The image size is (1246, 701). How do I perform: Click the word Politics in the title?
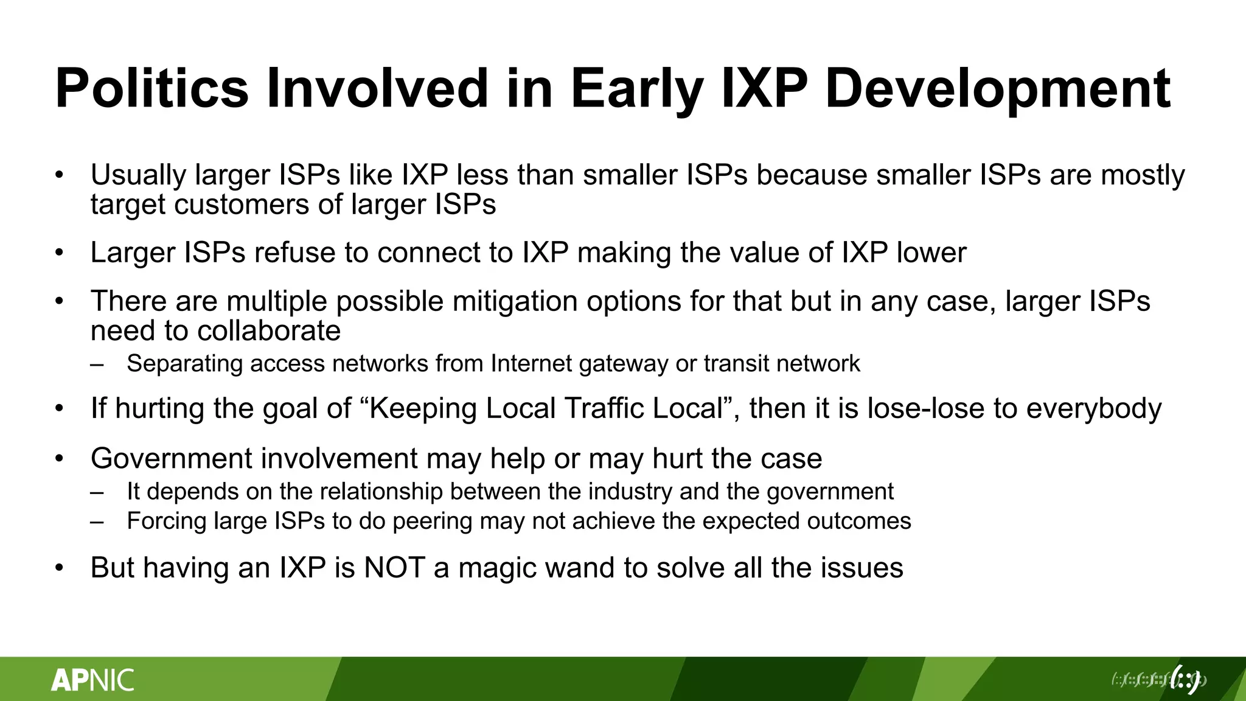(151, 89)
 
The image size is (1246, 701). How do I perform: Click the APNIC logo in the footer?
(92, 680)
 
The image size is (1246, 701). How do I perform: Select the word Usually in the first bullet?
(138, 175)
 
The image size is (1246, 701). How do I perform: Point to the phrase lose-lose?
(925, 408)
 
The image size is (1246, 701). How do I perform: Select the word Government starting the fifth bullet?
(171, 458)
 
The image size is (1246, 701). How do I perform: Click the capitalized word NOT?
(394, 568)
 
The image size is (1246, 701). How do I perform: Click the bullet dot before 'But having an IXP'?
(59, 568)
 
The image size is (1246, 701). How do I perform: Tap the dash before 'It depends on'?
(97, 492)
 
